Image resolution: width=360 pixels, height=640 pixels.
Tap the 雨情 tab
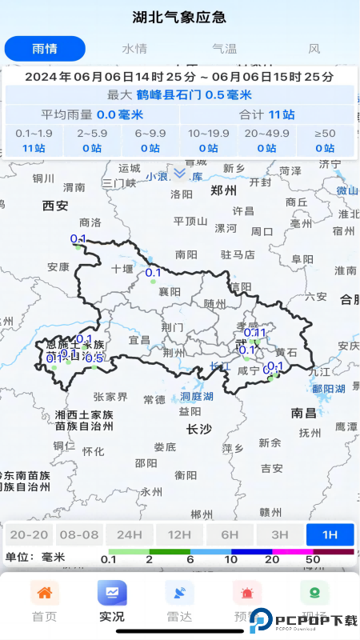(45, 48)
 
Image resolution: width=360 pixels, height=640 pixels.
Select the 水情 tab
(134, 48)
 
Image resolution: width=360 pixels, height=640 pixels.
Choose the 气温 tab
(225, 48)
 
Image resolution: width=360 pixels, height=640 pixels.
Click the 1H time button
(330, 534)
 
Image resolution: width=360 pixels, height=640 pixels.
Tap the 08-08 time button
(79, 534)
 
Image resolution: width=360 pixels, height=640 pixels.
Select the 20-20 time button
(29, 534)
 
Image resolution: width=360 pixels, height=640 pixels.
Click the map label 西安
(55, 206)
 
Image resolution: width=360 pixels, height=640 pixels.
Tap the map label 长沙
(198, 429)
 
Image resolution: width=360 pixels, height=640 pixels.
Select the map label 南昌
(304, 413)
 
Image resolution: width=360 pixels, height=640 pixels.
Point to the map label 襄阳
(170, 291)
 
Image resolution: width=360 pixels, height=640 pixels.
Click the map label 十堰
(122, 268)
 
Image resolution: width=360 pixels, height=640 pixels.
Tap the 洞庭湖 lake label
(196, 397)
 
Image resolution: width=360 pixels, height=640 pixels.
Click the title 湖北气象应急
(179, 17)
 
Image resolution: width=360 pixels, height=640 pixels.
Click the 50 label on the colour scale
(313, 558)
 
